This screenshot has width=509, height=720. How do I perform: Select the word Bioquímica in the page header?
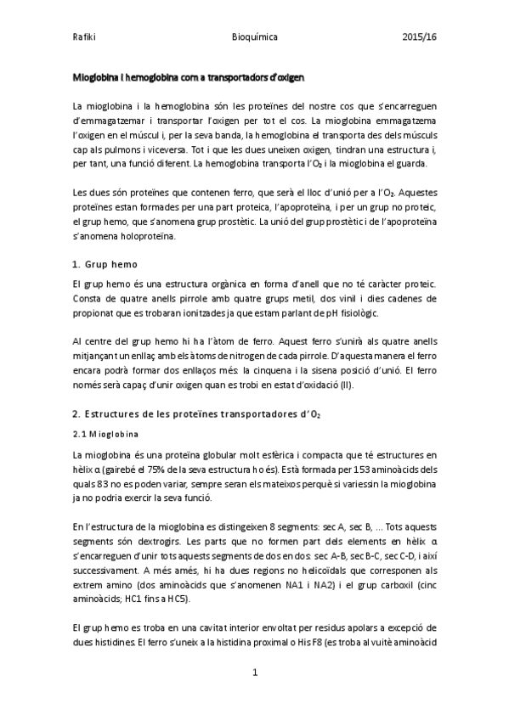coord(254,38)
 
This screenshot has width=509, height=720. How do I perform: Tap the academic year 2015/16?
coord(418,38)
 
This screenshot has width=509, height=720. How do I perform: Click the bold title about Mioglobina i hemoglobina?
coord(189,77)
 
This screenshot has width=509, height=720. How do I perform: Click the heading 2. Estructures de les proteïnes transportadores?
coord(196,413)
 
